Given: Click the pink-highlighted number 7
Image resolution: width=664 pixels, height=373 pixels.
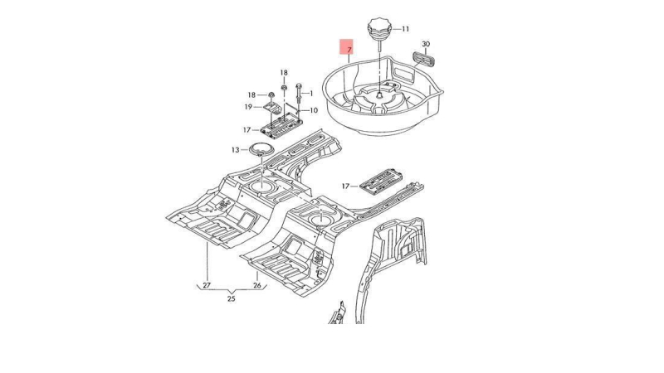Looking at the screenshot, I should pyautogui.click(x=349, y=51).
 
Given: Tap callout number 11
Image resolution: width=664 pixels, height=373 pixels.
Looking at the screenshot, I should pyautogui.click(x=405, y=29).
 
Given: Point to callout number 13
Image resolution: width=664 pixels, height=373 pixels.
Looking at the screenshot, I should pyautogui.click(x=235, y=150).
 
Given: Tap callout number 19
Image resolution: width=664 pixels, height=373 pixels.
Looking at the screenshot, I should pyautogui.click(x=247, y=107).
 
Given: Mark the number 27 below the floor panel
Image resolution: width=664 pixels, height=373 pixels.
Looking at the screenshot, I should pyautogui.click(x=206, y=285).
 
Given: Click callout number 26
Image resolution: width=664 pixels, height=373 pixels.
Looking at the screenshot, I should pyautogui.click(x=256, y=285).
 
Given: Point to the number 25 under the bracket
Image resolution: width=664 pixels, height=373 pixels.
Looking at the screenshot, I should pyautogui.click(x=232, y=298).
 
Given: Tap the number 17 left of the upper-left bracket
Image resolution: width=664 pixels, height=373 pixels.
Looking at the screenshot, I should pyautogui.click(x=247, y=130).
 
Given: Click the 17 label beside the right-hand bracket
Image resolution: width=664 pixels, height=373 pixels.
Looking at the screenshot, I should pyautogui.click(x=347, y=185).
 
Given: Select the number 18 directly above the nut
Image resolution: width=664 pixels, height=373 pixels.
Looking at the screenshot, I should pyautogui.click(x=283, y=73).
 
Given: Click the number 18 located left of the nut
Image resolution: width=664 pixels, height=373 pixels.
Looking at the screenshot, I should pyautogui.click(x=251, y=94).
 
